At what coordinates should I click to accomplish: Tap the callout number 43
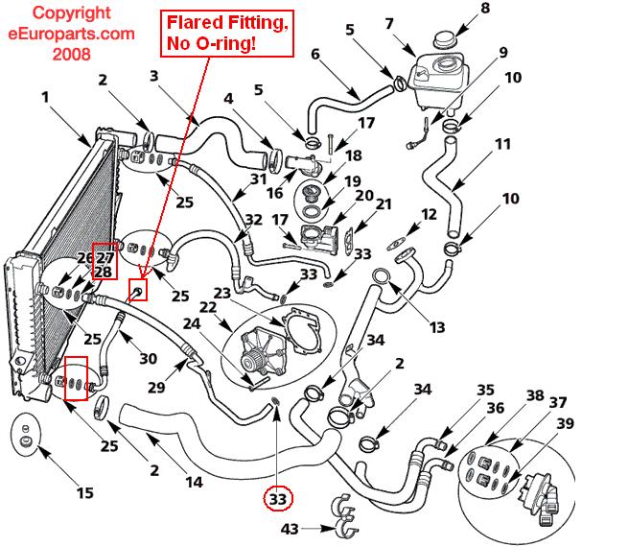[291, 529]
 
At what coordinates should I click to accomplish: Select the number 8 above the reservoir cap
[484, 9]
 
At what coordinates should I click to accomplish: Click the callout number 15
[84, 493]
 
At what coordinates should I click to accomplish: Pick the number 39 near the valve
[566, 424]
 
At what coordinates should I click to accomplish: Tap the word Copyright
[60, 14]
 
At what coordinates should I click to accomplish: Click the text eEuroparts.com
[60, 34]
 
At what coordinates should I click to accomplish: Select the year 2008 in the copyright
[60, 54]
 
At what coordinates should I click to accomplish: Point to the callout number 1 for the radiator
[44, 96]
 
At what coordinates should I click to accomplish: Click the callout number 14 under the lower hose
[194, 483]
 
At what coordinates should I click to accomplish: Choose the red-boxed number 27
[105, 258]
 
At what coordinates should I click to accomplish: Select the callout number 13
[437, 327]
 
